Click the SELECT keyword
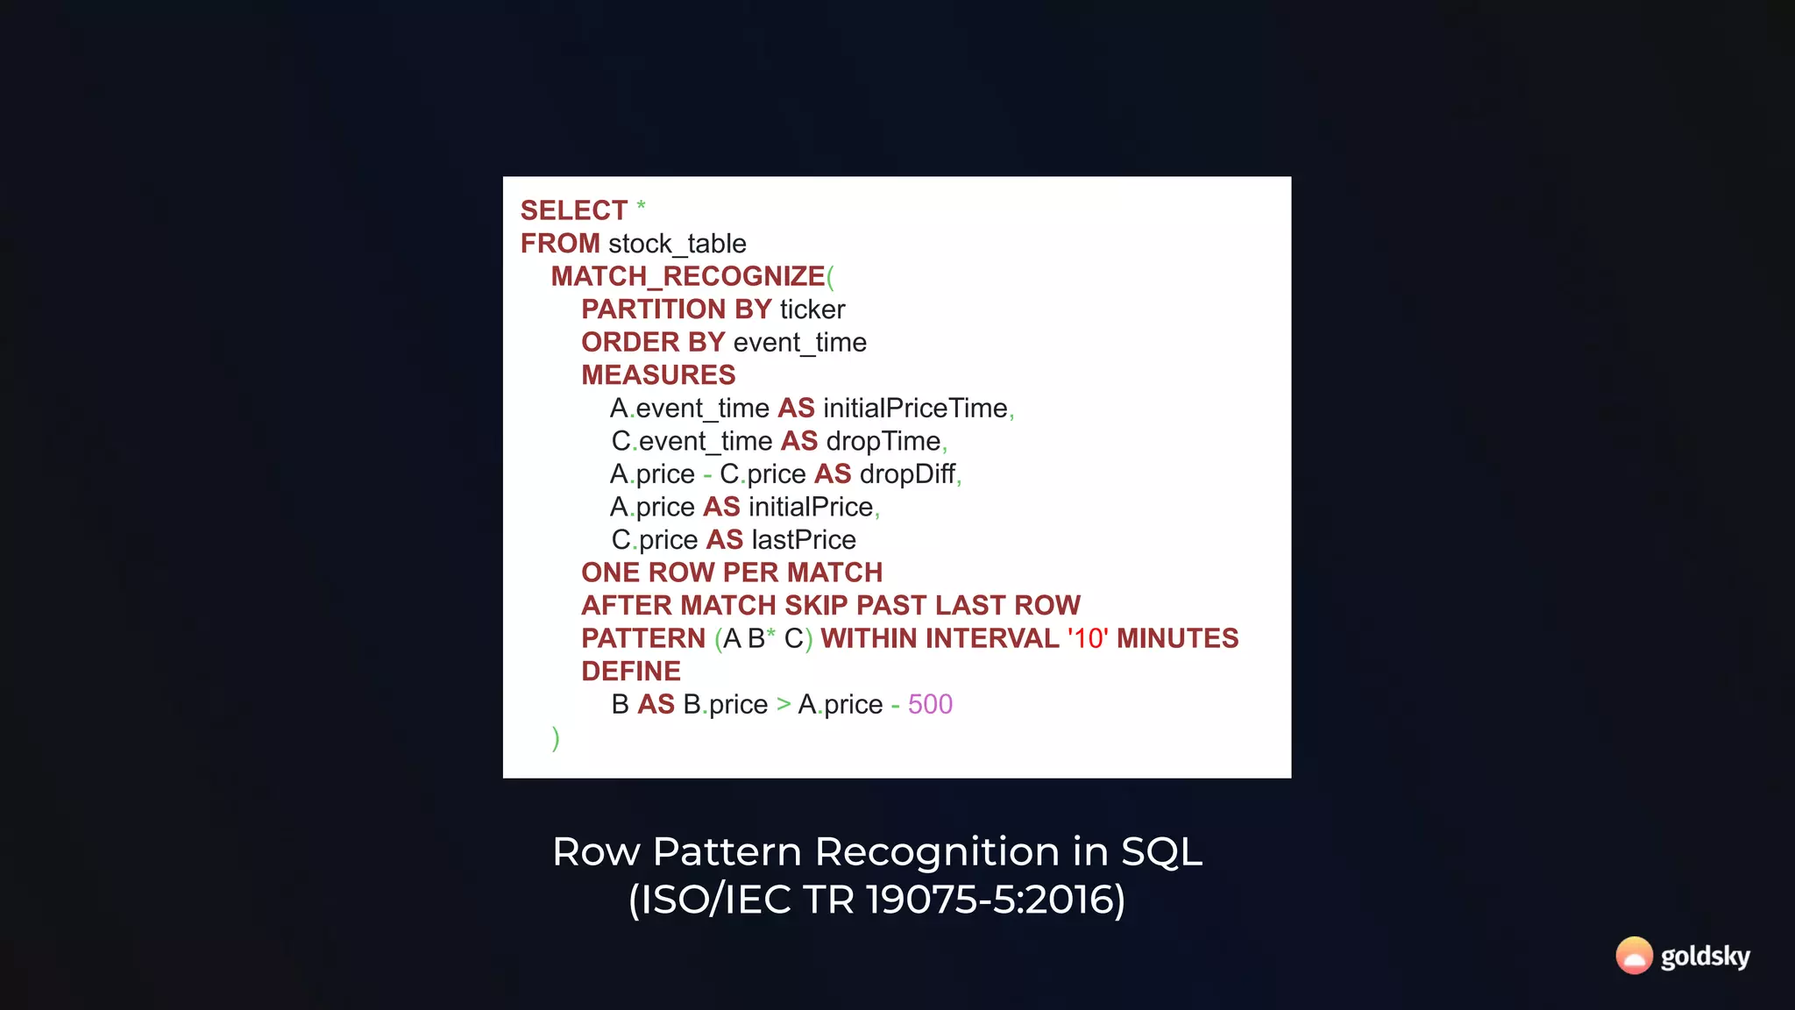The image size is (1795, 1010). coord(573,210)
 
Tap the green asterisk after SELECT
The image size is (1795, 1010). coord(641,206)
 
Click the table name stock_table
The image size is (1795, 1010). coord(677,244)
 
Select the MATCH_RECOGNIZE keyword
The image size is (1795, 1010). coord(688,276)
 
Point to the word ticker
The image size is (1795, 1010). coord(812,309)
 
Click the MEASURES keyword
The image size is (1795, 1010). coord(658,375)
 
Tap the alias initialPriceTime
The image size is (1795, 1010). coord(915,409)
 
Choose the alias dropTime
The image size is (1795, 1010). coord(883,441)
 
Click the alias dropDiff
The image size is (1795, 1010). coord(907,474)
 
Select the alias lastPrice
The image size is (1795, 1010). coord(804,540)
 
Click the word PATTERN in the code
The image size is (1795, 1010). coord(643,638)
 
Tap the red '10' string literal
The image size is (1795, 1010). coord(1088,638)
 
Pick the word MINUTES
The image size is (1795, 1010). coord(1177,638)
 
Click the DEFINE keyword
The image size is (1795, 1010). coord(631,672)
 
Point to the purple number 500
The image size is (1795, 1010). coord(930,704)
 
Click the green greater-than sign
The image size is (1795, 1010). coord(784,704)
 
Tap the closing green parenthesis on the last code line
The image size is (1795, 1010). coord(556,738)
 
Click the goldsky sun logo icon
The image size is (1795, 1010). coord(1634,956)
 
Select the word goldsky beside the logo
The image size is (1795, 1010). coord(1706,957)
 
